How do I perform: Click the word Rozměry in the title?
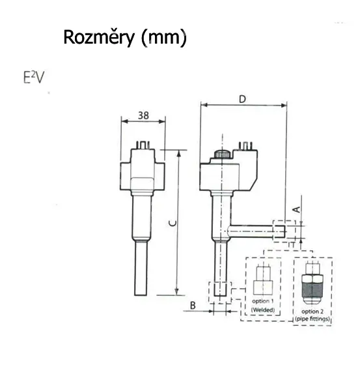tap(99, 38)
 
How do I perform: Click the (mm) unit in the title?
tap(164, 38)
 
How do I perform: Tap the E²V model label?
tap(34, 78)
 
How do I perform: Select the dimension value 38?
tap(143, 115)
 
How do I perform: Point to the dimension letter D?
tap(243, 99)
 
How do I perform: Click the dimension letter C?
tap(173, 224)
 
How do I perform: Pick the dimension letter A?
tap(298, 209)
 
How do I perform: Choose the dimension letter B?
tap(193, 306)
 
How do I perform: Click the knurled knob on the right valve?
tap(222, 154)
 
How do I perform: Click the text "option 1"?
tap(263, 301)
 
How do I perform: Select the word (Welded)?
tap(263, 310)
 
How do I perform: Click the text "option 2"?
tap(312, 312)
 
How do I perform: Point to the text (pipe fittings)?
tap(312, 319)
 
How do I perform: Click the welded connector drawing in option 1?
tap(263, 280)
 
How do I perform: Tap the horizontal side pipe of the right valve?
tap(256, 231)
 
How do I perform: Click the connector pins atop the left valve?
tap(142, 145)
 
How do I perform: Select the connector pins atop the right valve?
tap(245, 145)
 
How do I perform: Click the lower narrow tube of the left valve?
tap(141, 269)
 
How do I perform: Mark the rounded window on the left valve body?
tap(142, 184)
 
